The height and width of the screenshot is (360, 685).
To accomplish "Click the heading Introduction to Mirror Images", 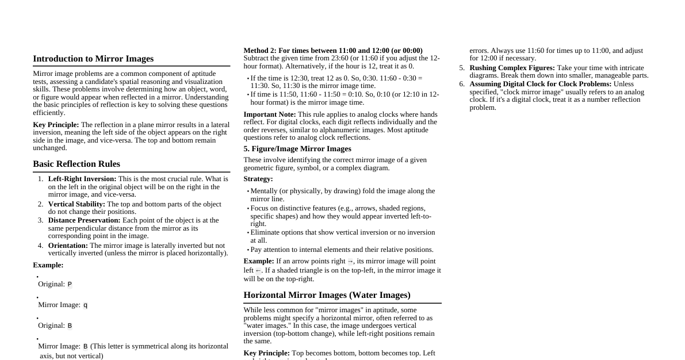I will pos(93,59).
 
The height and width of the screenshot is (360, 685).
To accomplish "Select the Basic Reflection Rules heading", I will pos(76,164).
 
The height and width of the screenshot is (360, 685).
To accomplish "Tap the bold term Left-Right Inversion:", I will pos(82,179).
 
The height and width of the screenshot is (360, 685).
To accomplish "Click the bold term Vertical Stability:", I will pos(76,204).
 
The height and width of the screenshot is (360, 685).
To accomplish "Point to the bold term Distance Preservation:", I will pos(84,220).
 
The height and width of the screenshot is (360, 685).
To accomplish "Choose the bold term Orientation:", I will pos(68,246).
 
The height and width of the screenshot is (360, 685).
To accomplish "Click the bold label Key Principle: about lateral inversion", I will pos(56,125).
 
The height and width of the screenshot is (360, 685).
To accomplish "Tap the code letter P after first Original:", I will pos(70,285).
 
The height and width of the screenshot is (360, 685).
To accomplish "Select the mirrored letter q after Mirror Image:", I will pos(85,305).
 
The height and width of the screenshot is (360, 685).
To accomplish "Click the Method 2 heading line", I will pos(333,51).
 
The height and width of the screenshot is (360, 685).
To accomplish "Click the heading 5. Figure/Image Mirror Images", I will pos(297,149).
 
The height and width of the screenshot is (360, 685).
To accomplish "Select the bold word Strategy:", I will pos(258,179).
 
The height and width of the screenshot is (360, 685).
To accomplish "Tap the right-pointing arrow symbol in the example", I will pos(350,262).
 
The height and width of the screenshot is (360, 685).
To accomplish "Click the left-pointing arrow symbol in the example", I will pos(258,271).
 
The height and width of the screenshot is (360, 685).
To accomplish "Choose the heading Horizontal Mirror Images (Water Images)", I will pos(327,295).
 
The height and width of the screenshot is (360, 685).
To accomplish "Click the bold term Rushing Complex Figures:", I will pos(512,68).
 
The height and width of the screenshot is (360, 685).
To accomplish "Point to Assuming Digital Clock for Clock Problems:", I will pos(540,84).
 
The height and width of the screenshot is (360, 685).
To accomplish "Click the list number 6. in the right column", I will pos(461,84).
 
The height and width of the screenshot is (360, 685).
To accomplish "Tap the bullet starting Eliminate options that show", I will pos(342,232).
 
